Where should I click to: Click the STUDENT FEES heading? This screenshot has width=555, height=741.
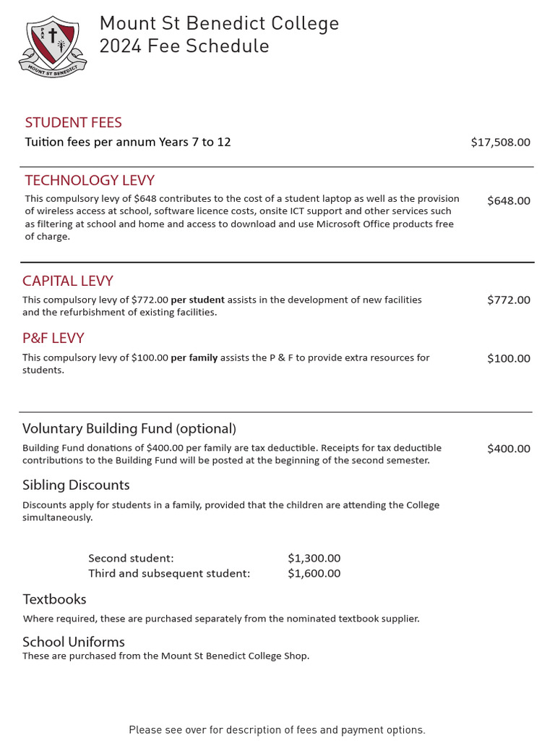[73, 122]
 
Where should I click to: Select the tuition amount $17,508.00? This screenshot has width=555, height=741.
[500, 143]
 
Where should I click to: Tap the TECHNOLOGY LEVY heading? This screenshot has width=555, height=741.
[90, 180]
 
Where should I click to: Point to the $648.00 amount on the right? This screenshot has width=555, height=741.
[508, 201]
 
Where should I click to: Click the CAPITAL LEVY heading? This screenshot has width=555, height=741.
[68, 281]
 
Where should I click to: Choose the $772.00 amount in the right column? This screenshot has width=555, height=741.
[508, 300]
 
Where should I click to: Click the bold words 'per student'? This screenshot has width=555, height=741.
[197, 300]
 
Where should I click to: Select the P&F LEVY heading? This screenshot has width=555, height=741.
[53, 338]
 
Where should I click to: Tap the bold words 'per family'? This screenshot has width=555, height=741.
[194, 357]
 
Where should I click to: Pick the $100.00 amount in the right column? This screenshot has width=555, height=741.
[508, 358]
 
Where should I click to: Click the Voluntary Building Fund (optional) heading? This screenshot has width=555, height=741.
[129, 428]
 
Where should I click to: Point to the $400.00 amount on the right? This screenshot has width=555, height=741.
[508, 449]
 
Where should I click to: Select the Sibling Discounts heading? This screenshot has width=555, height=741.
[76, 485]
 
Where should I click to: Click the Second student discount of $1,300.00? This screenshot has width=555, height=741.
[314, 558]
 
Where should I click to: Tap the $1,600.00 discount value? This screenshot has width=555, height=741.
[314, 574]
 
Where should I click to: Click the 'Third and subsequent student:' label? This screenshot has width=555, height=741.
[169, 574]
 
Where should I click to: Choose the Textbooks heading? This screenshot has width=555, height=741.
[54, 599]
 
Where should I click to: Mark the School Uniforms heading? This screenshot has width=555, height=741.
[74, 642]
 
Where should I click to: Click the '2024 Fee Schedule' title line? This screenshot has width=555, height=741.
[184, 46]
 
